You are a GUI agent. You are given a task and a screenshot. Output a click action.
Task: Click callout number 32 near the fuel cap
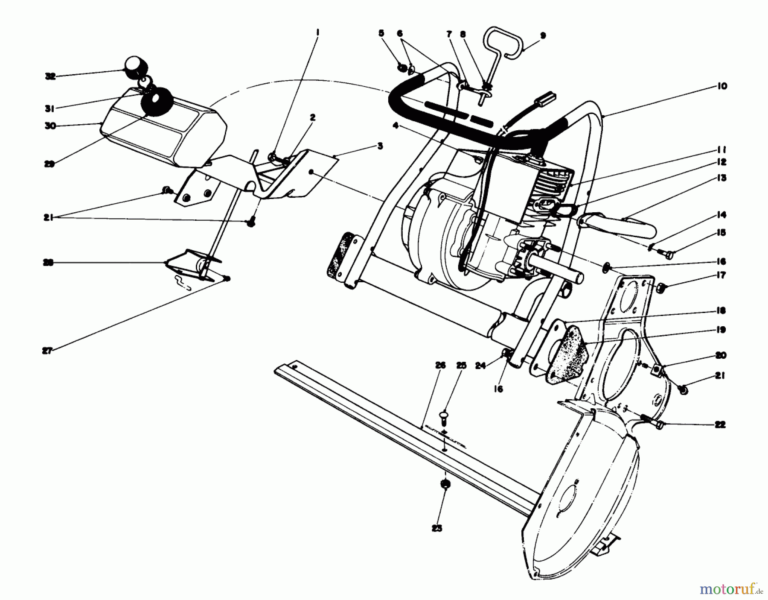50,77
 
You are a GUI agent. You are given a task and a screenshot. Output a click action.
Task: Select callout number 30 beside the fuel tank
50,126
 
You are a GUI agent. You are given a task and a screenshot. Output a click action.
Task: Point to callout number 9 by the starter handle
542,36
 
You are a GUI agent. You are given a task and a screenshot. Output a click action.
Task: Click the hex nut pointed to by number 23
445,484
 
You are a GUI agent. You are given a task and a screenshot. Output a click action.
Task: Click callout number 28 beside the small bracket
48,263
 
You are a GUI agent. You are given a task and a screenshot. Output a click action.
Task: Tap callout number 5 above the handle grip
381,32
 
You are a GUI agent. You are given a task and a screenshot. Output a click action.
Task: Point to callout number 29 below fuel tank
49,164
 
